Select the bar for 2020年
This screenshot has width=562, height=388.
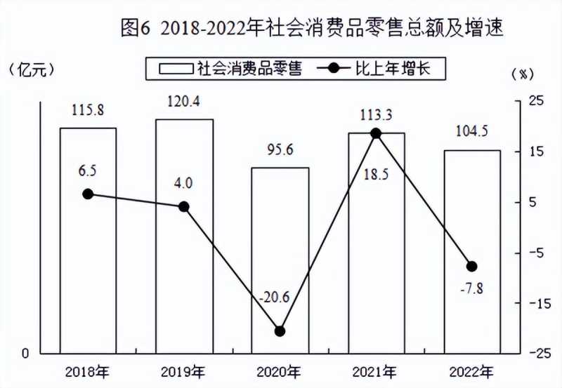coord(280,260)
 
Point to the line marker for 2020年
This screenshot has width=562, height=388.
coord(280,331)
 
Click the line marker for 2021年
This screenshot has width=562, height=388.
coord(376,133)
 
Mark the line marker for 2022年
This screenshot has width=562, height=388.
coord(472,266)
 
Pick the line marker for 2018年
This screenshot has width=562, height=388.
coord(88,194)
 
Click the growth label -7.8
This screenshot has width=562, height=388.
coord(471,288)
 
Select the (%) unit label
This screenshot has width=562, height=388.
coord(523,73)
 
